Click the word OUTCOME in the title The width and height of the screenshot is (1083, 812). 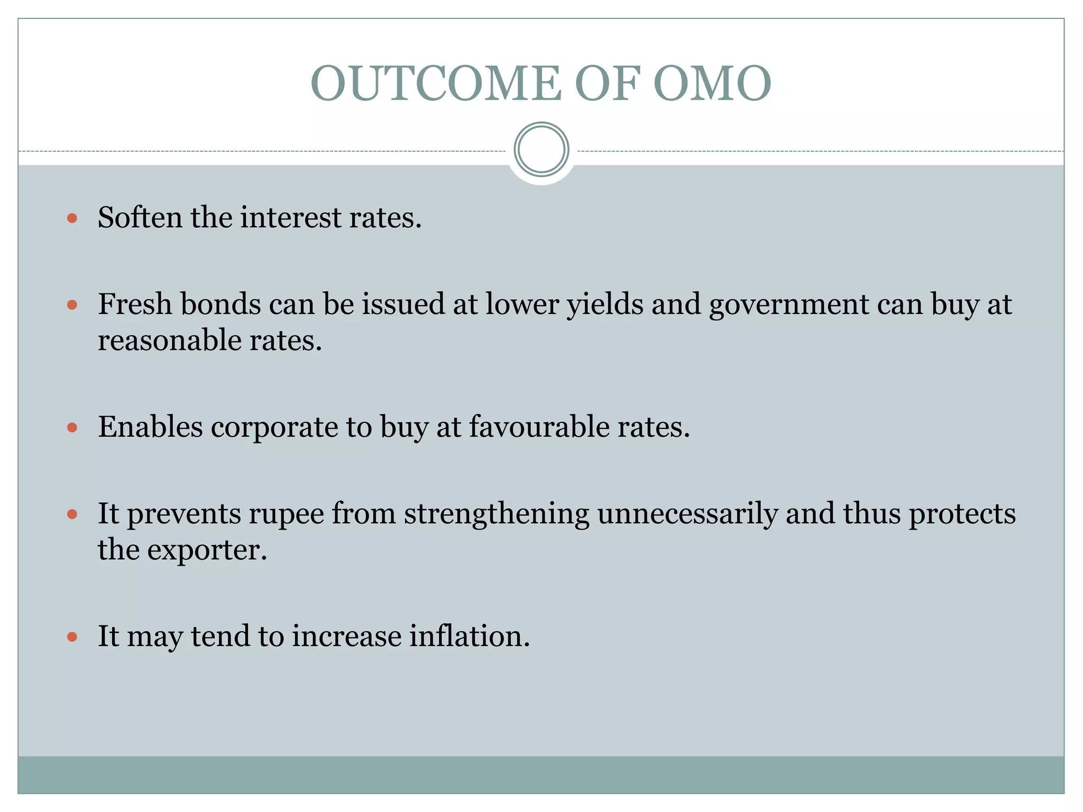click(x=436, y=83)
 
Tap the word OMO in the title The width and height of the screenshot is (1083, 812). click(x=712, y=83)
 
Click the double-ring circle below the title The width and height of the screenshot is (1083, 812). click(x=541, y=150)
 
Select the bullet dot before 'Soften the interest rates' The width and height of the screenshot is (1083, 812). click(x=72, y=218)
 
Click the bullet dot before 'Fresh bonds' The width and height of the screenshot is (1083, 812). click(x=72, y=304)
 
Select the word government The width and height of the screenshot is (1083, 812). click(x=788, y=305)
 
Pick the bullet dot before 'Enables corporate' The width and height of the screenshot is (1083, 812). click(x=72, y=427)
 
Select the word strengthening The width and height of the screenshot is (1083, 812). click(x=496, y=514)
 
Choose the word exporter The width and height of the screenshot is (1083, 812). click(x=207, y=550)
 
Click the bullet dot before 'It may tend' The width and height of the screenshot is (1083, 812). click(x=72, y=636)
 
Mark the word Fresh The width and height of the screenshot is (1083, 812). click(x=134, y=304)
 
